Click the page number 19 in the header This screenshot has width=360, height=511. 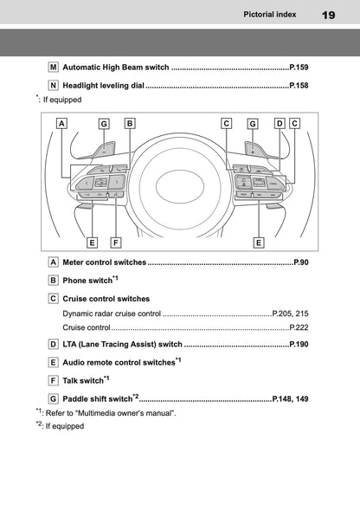(328, 15)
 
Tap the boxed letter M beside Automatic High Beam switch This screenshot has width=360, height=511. (54, 66)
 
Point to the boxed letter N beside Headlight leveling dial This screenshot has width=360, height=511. (54, 85)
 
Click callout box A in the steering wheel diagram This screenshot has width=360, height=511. (61, 123)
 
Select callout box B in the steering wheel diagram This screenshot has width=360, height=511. (129, 123)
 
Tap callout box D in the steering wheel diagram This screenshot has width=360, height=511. (279, 123)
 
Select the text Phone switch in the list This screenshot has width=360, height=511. (87, 281)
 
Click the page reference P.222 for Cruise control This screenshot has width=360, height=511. (296, 328)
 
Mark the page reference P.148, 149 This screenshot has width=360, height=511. (289, 399)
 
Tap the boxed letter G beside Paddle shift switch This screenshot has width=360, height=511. (54, 398)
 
